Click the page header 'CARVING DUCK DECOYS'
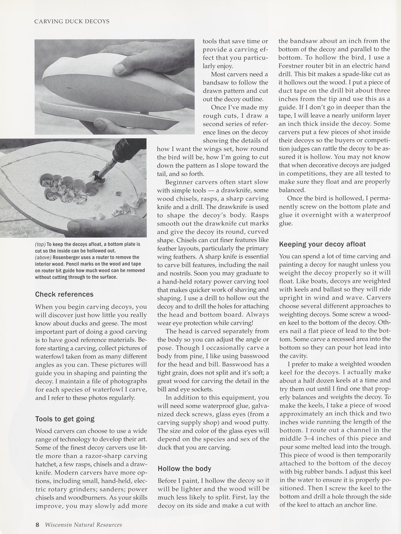click(72, 21)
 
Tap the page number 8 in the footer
click(37, 525)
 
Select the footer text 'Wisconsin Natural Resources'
click(83, 525)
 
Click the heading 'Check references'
click(64, 294)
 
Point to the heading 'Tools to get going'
click(65, 419)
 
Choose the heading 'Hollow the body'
click(184, 469)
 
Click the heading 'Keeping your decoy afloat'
click(322, 244)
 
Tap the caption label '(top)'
click(40, 244)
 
